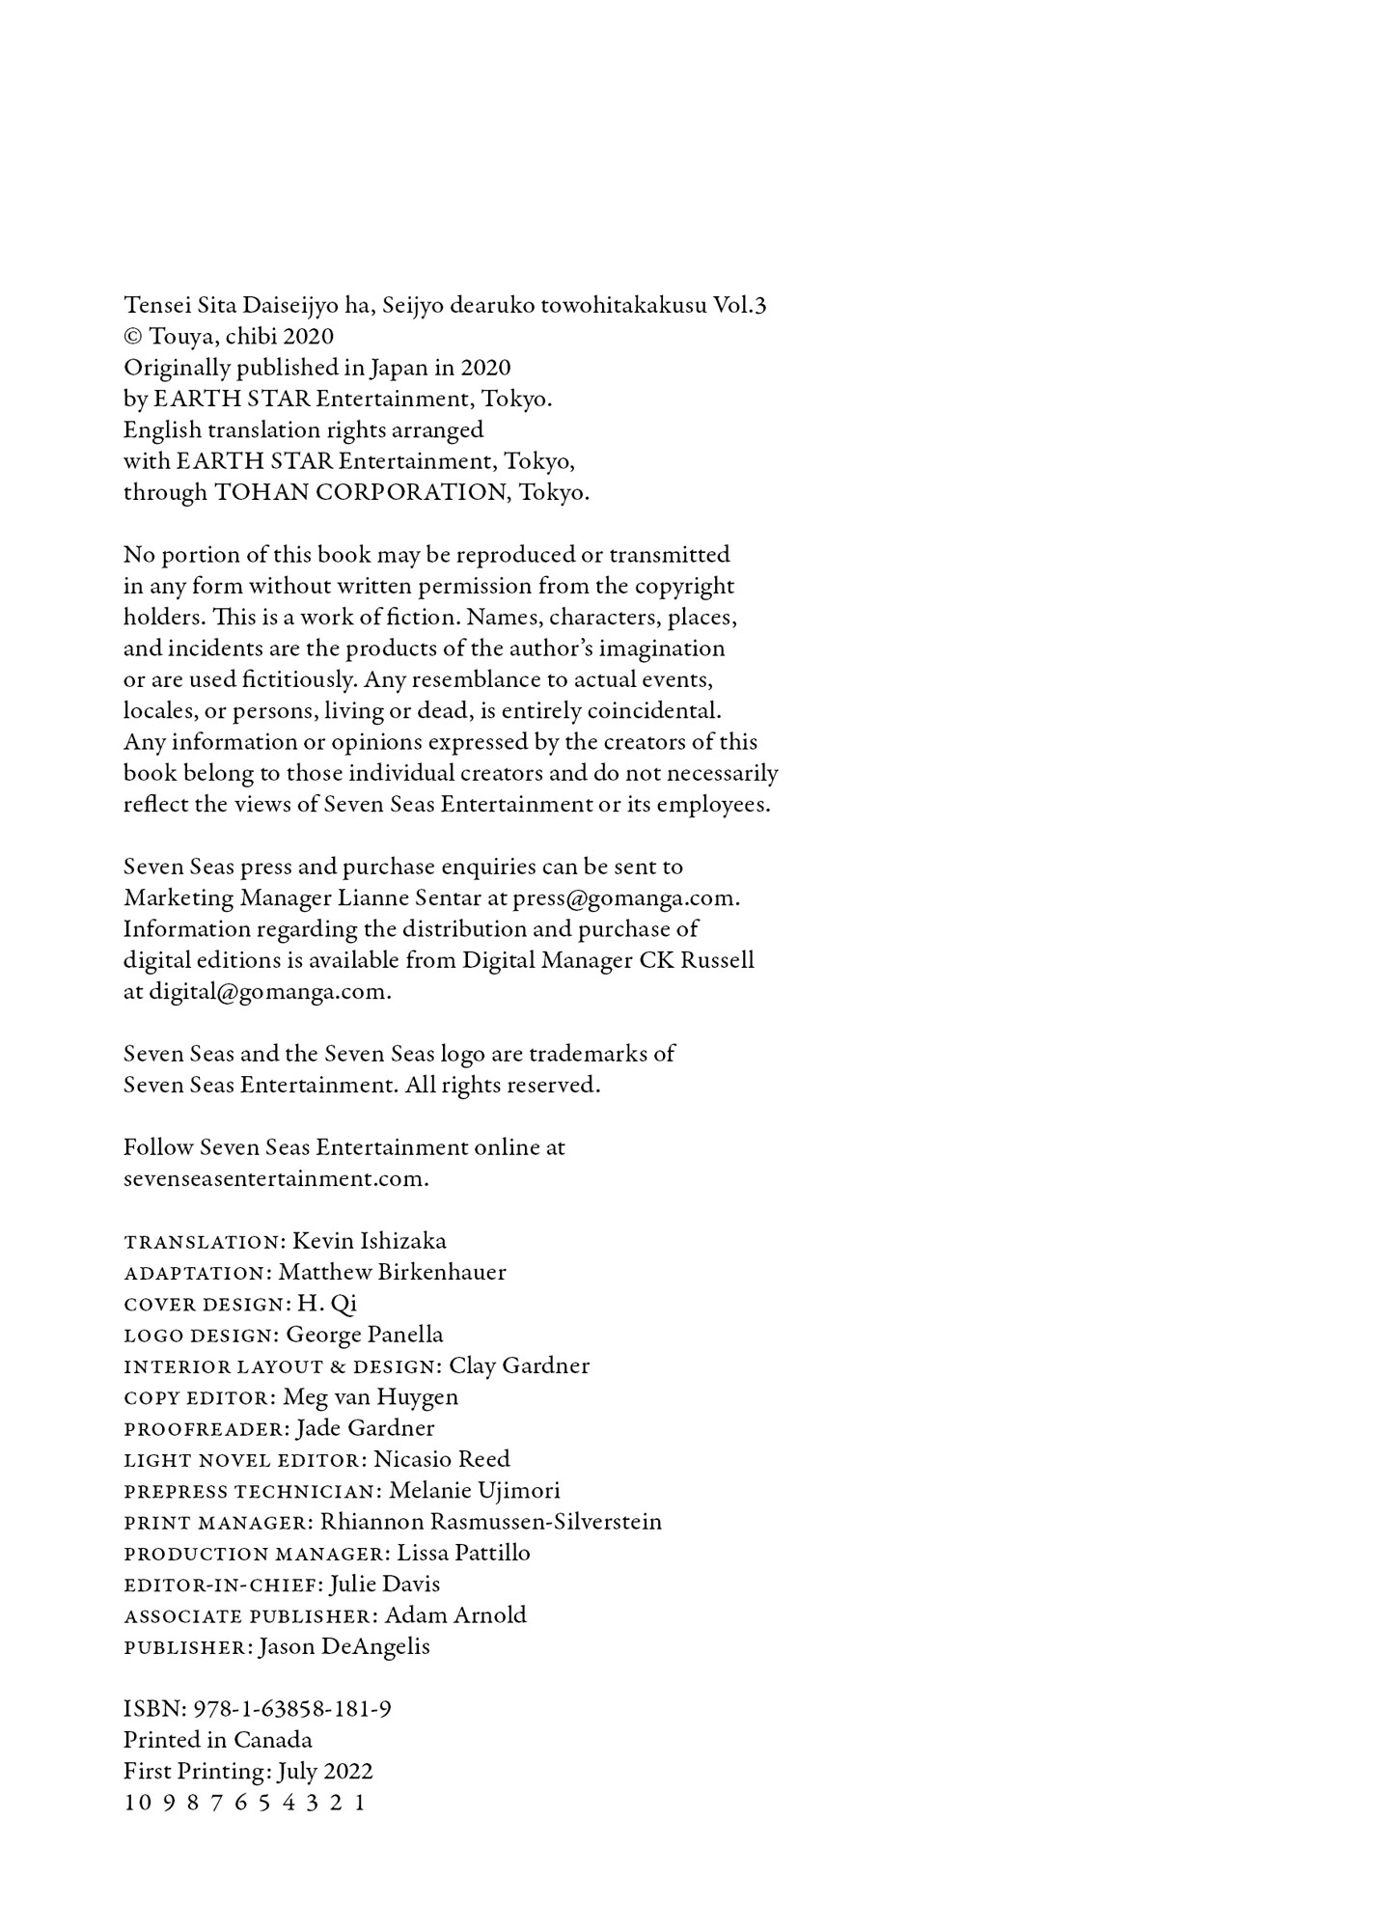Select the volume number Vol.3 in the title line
[739, 306]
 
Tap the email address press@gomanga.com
[625, 898]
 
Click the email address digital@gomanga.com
[269, 992]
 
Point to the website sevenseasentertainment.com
[275, 1179]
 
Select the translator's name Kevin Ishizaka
[370, 1241]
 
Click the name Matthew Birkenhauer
[392, 1272]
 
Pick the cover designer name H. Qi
[327, 1304]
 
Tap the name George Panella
[365, 1335]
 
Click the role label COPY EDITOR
[200, 1398]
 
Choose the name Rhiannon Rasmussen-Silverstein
[491, 1522]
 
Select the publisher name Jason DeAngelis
[344, 1647]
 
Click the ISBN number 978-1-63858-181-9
[292, 1710]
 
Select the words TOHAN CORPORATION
[360, 493]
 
